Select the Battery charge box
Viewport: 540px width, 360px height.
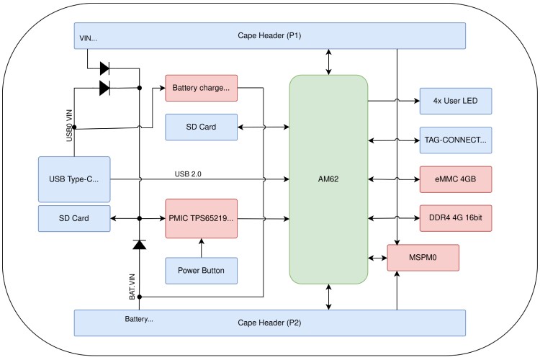pos(201,89)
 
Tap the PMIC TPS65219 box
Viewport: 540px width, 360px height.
pos(201,217)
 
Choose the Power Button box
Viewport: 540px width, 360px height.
pos(201,271)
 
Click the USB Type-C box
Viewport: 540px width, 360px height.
pos(74,179)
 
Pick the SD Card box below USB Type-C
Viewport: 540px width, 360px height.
pos(74,218)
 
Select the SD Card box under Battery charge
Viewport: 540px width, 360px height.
pos(201,127)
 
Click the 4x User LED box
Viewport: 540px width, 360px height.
pos(455,101)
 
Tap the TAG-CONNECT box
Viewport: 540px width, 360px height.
pos(455,140)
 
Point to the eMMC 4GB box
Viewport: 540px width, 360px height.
pos(455,179)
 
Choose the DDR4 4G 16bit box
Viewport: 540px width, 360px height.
pos(455,217)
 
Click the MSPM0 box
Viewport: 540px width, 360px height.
pos(423,257)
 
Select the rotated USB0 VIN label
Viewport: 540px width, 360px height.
pos(70,123)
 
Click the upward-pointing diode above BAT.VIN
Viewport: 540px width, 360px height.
pos(139,244)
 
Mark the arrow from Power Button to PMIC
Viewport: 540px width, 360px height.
pos(201,246)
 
